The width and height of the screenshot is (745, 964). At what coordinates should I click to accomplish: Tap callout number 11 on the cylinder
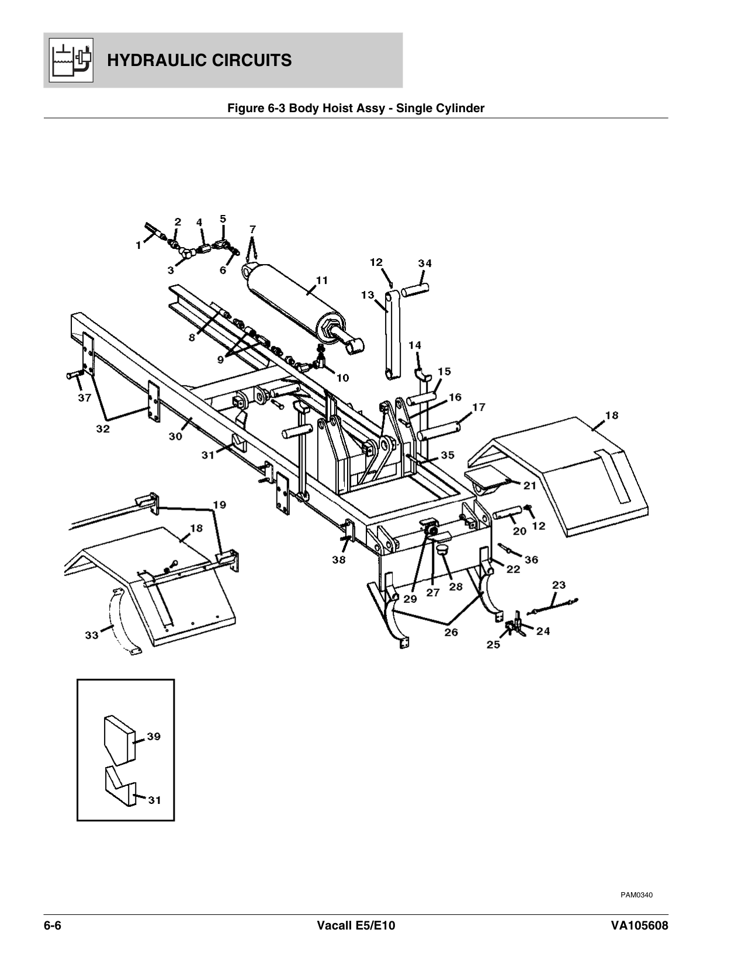(x=322, y=280)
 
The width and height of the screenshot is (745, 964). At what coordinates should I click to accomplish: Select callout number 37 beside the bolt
(x=85, y=398)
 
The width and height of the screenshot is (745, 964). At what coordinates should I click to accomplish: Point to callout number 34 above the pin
(x=425, y=263)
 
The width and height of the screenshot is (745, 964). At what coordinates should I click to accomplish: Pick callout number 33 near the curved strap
(x=92, y=635)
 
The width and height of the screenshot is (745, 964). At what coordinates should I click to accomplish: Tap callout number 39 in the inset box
(x=153, y=737)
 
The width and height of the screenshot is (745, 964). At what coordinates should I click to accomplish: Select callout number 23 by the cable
(x=559, y=585)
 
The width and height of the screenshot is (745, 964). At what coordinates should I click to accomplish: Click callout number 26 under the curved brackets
(x=451, y=632)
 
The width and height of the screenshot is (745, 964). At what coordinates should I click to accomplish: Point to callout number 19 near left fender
(x=219, y=504)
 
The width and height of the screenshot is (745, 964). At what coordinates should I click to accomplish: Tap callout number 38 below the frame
(x=339, y=560)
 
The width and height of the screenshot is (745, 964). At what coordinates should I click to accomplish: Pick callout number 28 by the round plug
(x=455, y=586)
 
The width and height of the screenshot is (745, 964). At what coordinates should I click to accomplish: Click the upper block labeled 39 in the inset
(x=119, y=740)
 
